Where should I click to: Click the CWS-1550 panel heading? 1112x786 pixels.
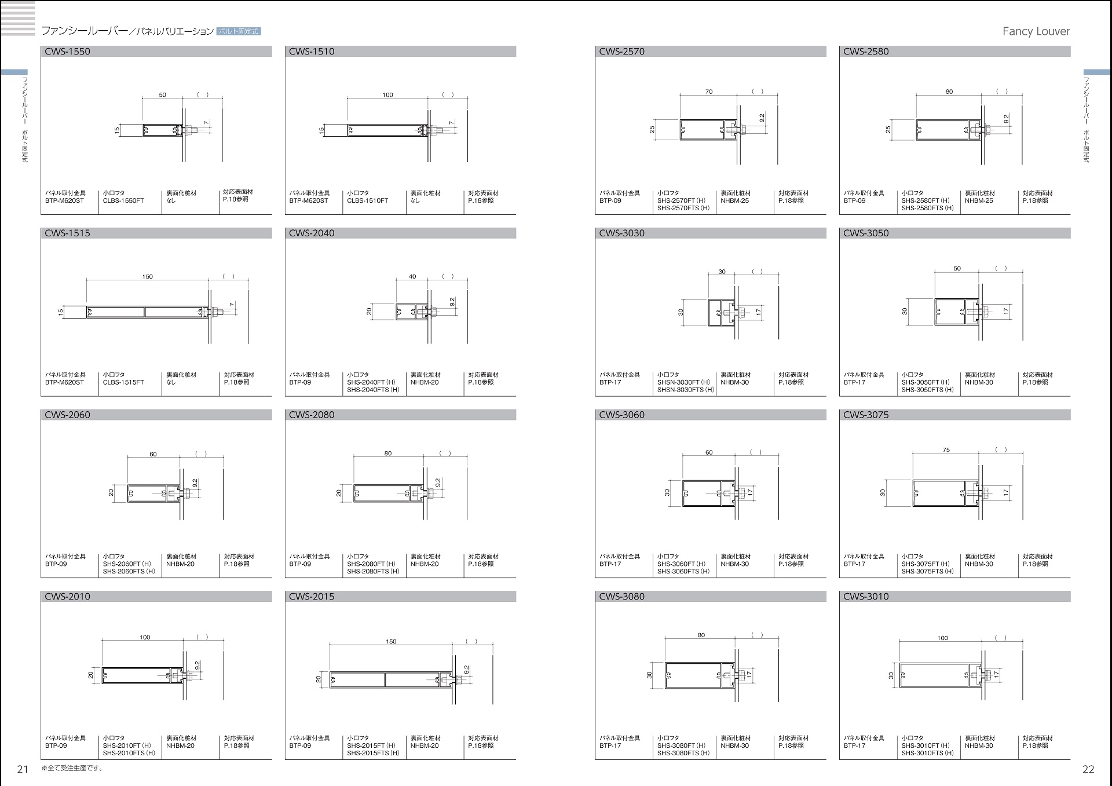point(67,52)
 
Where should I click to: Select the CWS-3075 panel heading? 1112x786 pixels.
point(866,415)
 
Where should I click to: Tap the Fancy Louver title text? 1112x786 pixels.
point(1036,31)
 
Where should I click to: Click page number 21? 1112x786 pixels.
point(23,769)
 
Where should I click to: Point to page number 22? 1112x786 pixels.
point(1088,769)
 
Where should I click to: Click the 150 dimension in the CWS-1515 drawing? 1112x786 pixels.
point(148,277)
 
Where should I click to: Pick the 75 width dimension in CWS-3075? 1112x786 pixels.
point(946,449)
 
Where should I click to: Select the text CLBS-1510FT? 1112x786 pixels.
point(368,200)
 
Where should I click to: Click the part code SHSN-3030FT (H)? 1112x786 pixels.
point(683,382)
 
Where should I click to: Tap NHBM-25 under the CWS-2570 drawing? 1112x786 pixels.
point(734,200)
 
